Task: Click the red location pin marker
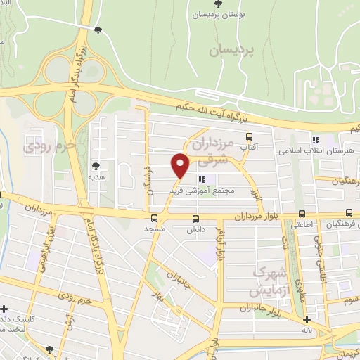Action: point(181,166)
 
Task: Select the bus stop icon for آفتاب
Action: point(248,137)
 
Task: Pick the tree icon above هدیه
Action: point(96,166)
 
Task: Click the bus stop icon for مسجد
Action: point(153,218)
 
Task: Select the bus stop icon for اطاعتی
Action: point(302,214)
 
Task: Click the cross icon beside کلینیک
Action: point(5,309)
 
